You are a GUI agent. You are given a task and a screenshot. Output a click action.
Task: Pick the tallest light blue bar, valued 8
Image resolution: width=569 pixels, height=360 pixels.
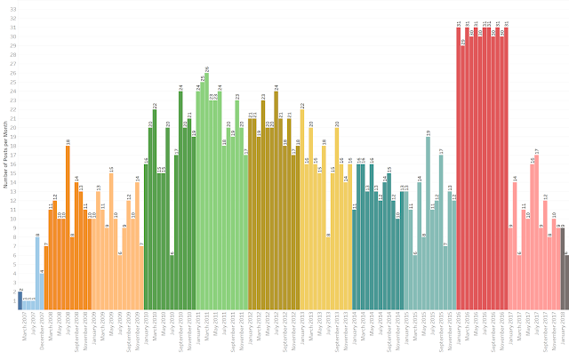(x=37, y=272)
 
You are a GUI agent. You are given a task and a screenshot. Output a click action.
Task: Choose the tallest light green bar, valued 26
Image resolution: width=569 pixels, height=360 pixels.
(x=206, y=191)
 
